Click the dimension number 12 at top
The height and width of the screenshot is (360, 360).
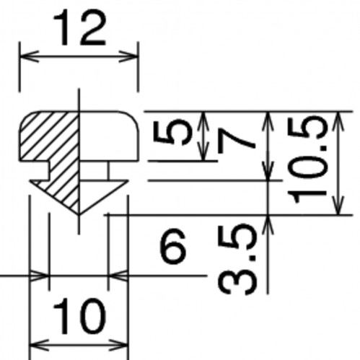[x=79, y=28]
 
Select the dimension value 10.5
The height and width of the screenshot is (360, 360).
[x=307, y=159]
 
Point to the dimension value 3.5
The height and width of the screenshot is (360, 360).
[x=237, y=259]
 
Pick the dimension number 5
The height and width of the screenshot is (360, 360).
[x=172, y=133]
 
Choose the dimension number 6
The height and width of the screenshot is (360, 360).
[x=173, y=246]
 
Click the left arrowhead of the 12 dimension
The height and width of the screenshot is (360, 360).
[x=29, y=57]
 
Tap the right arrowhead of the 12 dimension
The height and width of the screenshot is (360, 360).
[x=129, y=57]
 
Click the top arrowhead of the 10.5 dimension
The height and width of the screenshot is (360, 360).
[x=338, y=121]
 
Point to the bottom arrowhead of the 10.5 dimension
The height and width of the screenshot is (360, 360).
[x=338, y=205]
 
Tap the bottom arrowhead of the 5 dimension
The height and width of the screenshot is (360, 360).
[x=203, y=151]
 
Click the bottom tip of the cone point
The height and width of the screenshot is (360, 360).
[x=79, y=214]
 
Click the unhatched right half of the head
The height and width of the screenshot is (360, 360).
[x=109, y=136]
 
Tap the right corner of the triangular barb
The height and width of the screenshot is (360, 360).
[x=128, y=180]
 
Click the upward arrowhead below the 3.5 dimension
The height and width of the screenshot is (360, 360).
[x=268, y=224]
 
